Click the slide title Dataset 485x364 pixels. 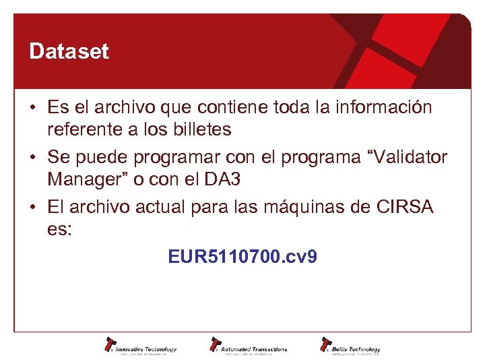[69, 52]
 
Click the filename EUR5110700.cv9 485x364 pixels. [243, 257]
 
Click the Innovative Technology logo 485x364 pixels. [140, 346]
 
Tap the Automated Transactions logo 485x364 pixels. [249, 346]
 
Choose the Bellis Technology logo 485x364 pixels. [350, 346]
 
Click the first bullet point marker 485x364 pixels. [32, 108]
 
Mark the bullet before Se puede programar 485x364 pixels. [32, 158]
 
